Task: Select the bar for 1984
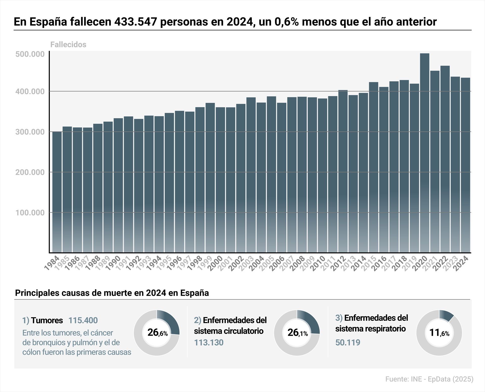(57, 192)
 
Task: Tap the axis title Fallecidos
(68, 45)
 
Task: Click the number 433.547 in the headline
(135, 22)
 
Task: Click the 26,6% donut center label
(157, 333)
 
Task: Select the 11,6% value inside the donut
(439, 333)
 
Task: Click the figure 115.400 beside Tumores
(83, 320)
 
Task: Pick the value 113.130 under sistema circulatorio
(209, 343)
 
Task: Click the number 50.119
(348, 343)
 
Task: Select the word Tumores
(47, 320)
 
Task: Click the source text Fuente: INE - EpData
(429, 379)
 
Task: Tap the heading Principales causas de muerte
(112, 293)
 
